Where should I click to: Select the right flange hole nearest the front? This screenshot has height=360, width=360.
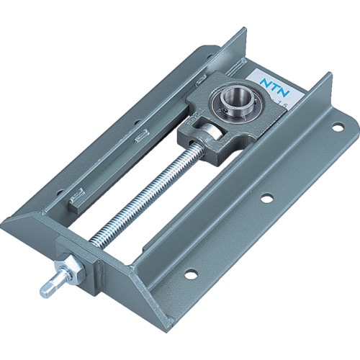click(x=190, y=274)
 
